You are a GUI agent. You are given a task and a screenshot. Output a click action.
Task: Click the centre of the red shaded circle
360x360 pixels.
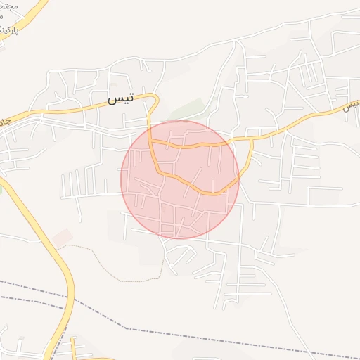(180, 179)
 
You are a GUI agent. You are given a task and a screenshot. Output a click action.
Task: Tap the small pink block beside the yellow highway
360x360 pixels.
(62, 237)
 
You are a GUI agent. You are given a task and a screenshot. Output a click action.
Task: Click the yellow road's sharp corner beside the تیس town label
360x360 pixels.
(155, 97)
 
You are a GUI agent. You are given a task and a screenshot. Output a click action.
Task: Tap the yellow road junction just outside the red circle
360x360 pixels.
(251, 139)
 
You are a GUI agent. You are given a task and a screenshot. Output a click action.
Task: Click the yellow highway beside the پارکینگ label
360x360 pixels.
(31, 21)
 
